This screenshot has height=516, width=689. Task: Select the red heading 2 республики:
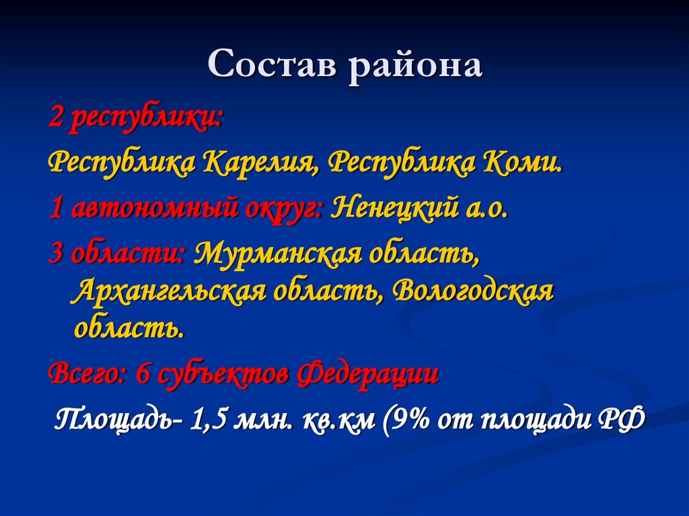135,120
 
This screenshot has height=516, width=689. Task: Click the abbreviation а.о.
485,209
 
